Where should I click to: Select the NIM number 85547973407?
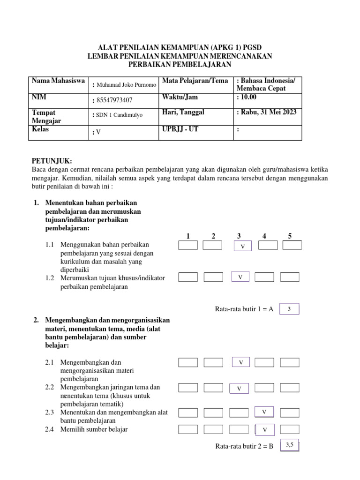pyautogui.click(x=114, y=100)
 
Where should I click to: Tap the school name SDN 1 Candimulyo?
pyautogui.click(x=119, y=114)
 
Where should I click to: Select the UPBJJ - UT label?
pyautogui.click(x=180, y=129)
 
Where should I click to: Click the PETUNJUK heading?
pyautogui.click(x=52, y=161)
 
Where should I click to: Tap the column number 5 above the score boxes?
pyautogui.click(x=290, y=236)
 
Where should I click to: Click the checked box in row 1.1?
pyautogui.click(x=242, y=246)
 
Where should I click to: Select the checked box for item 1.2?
pyautogui.click(x=240, y=277)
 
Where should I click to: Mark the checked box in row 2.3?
pyautogui.click(x=264, y=412)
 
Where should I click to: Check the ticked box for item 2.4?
pyautogui.click(x=265, y=429)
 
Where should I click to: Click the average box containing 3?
pyautogui.click(x=289, y=309)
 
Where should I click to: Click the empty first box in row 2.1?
pyautogui.click(x=188, y=362)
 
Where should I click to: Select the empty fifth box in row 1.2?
pyautogui.click(x=290, y=277)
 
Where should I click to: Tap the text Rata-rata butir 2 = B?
pyautogui.click(x=244, y=447)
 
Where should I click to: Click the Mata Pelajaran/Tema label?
pyautogui.click(x=195, y=82)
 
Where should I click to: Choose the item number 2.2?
pyautogui.click(x=50, y=387)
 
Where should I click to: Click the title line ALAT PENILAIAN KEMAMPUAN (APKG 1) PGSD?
pyautogui.click(x=180, y=48)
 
